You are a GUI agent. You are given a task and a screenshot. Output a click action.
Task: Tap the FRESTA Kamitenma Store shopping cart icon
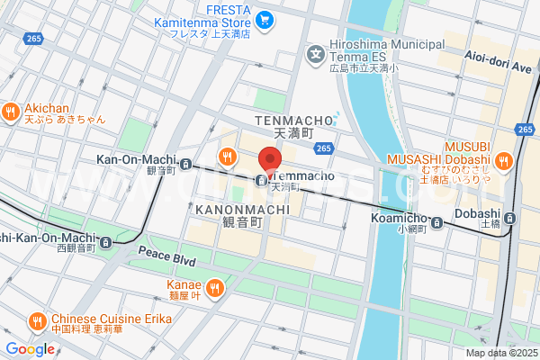click(x=265, y=19)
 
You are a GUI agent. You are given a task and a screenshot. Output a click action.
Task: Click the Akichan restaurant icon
click(x=12, y=112)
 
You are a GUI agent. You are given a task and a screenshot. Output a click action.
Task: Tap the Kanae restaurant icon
click(x=214, y=288)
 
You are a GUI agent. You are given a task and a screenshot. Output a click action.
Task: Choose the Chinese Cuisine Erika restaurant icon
click(x=37, y=320)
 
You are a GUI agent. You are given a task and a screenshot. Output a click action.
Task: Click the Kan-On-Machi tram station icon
click(x=185, y=164)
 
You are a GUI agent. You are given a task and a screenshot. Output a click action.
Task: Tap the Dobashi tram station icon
click(x=509, y=218)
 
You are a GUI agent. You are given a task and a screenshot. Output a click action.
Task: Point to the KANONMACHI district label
click(x=241, y=210)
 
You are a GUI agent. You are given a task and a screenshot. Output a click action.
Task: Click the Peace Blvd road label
click(x=167, y=259)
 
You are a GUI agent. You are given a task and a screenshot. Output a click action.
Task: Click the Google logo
click(x=30, y=348)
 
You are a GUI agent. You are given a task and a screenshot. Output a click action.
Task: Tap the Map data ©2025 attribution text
click(x=500, y=352)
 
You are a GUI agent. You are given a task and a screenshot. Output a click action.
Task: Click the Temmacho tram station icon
click(x=260, y=180)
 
